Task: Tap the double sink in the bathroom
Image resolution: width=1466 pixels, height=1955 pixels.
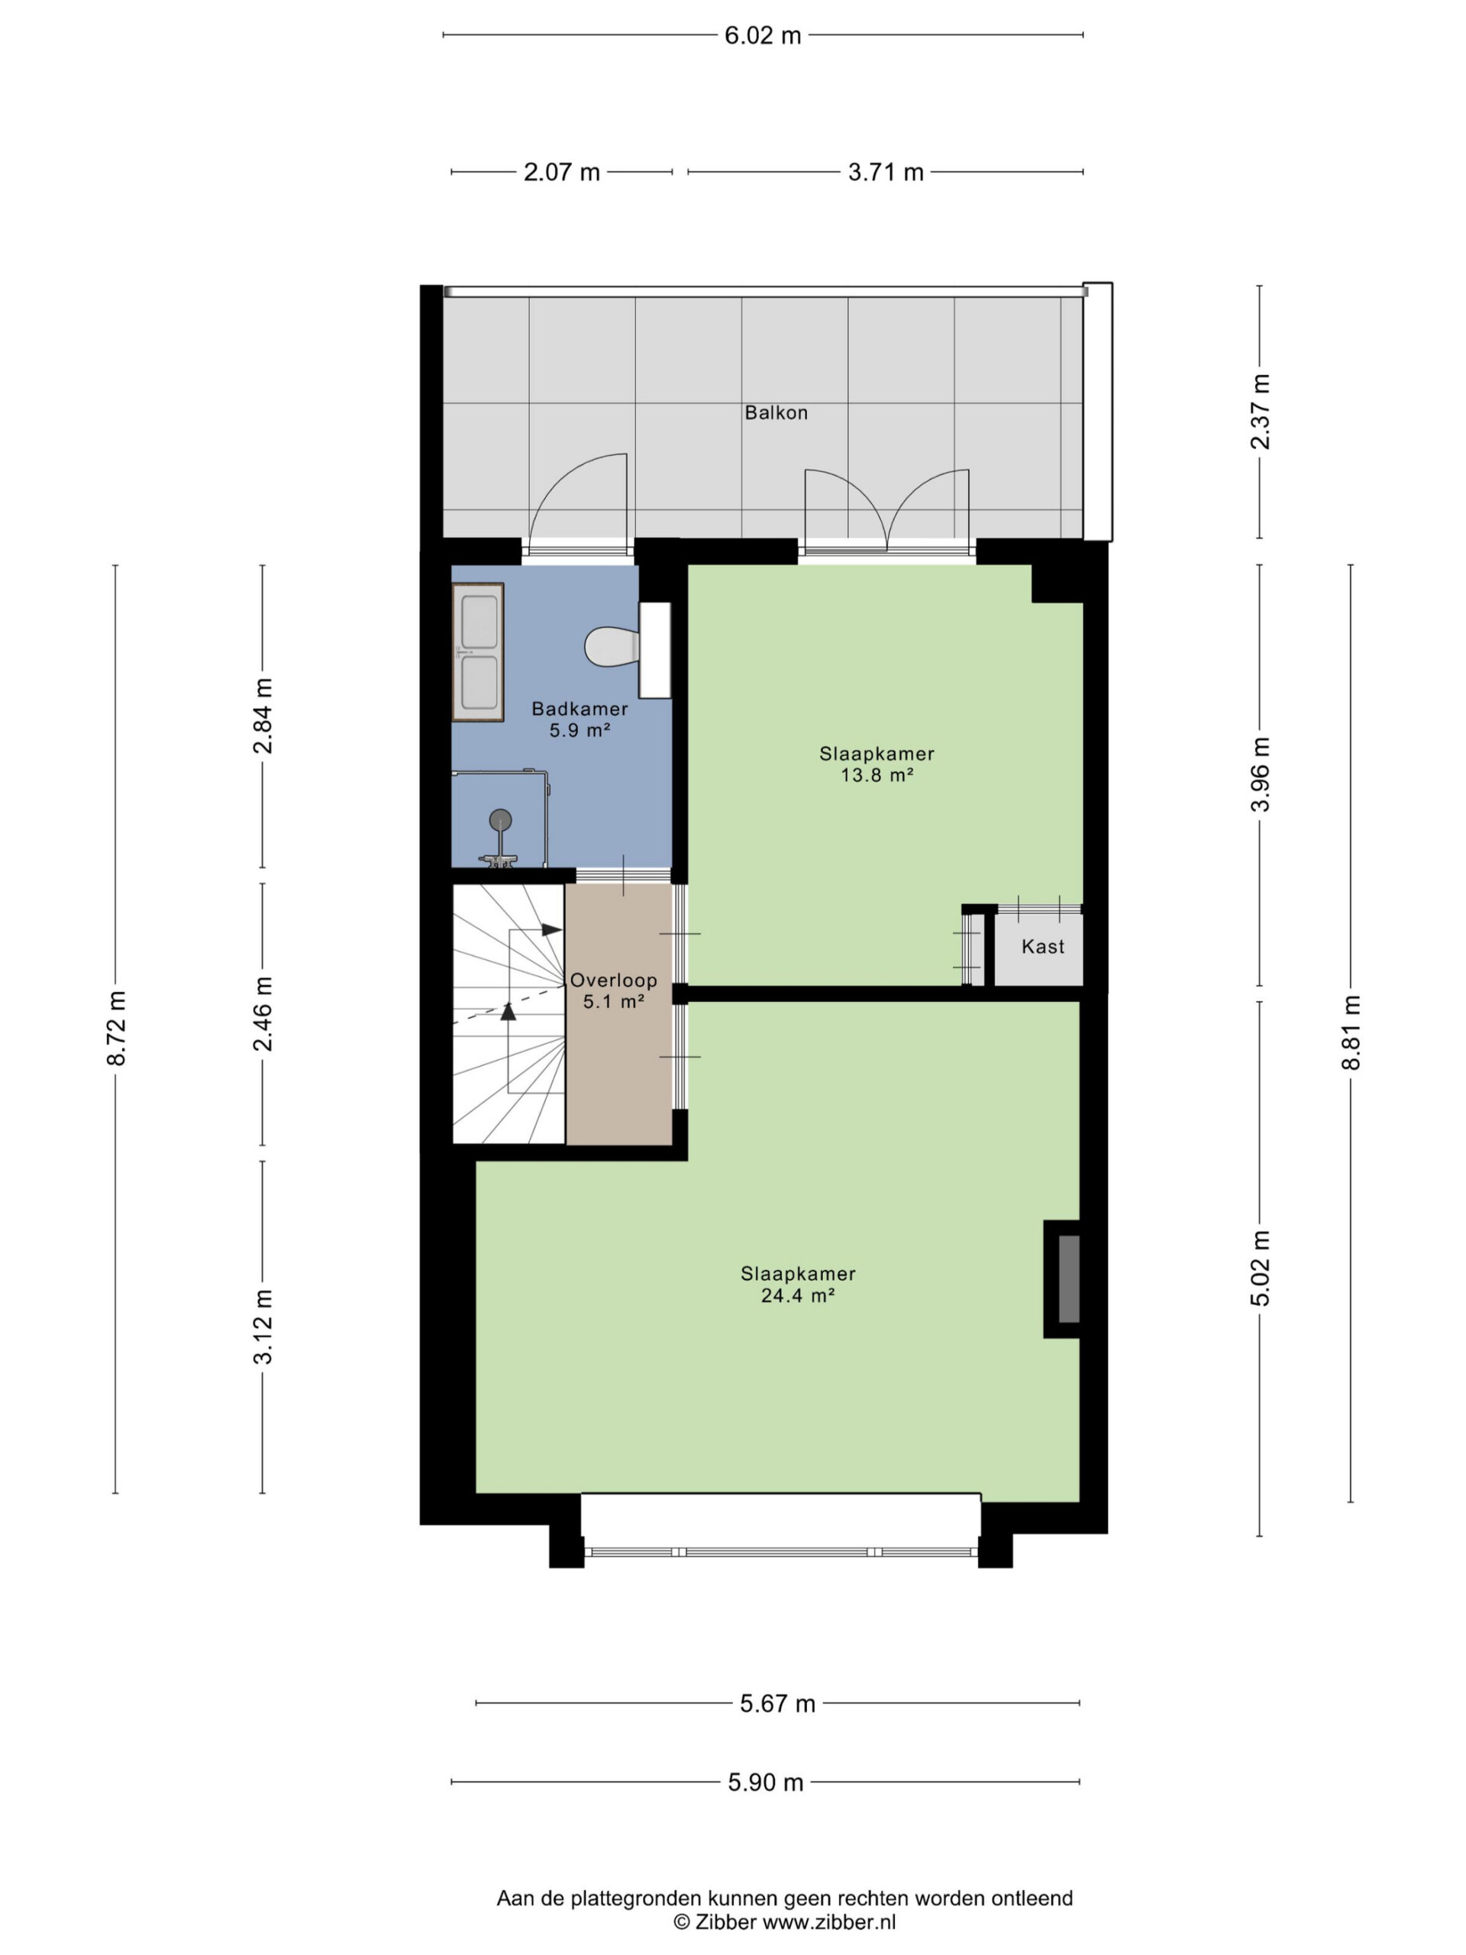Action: pos(478,651)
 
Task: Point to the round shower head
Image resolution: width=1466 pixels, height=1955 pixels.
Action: pos(500,819)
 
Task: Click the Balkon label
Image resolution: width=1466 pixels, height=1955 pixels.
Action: pos(776,412)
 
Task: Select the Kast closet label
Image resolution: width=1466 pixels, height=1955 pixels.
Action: pos(1043,946)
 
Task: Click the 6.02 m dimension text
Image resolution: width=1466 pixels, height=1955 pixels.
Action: pos(763,35)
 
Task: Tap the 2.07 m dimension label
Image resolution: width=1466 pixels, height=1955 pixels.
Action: pos(562,173)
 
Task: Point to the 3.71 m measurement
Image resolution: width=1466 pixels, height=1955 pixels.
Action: pos(886,173)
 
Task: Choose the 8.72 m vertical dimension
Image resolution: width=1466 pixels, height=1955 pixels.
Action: pos(117,1028)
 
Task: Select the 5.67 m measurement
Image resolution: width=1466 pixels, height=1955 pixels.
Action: pos(777,1703)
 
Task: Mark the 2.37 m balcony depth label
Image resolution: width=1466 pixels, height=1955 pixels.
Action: pos(1260,411)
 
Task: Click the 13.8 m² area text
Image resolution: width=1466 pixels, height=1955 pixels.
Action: pos(877,775)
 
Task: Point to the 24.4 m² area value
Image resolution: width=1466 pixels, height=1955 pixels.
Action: pos(798,1296)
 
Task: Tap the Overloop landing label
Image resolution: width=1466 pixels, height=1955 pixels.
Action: pos(613,980)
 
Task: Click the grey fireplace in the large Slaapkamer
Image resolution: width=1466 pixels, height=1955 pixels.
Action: pos(1068,1279)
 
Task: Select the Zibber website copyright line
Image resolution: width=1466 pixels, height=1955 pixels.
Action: pos(785,1921)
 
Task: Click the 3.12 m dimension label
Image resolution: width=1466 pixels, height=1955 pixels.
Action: pos(263,1326)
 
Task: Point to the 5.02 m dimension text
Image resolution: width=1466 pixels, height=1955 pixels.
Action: pos(1260,1268)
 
